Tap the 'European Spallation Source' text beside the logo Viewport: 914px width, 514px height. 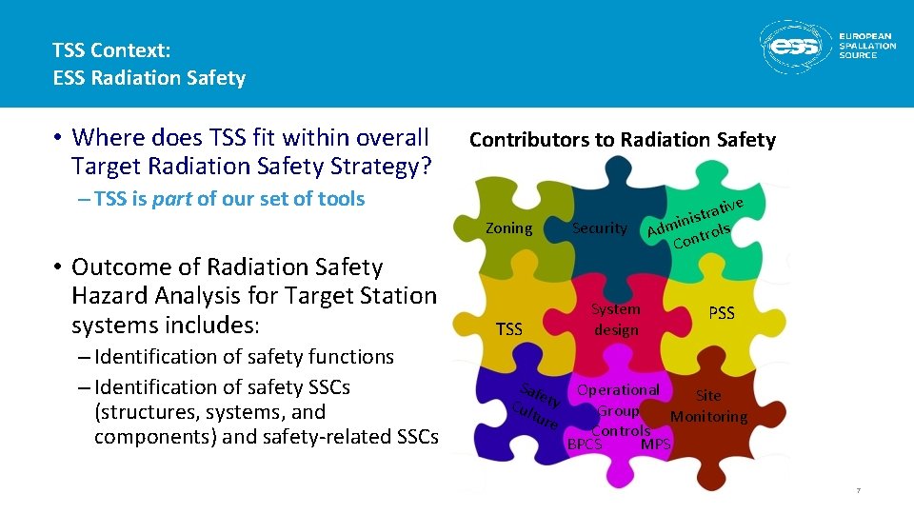coord(866,47)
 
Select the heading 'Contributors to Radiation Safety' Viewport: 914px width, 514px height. coord(622,140)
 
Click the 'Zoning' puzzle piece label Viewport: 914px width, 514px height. coord(509,227)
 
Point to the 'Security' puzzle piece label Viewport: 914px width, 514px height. coord(600,227)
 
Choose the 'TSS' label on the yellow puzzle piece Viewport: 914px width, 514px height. coord(509,329)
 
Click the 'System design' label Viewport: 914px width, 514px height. coord(616,319)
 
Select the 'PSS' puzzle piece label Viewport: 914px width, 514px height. coord(722,313)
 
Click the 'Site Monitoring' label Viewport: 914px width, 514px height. coord(708,406)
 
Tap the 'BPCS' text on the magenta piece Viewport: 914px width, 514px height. coord(585,445)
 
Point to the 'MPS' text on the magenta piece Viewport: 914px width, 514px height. coord(656,445)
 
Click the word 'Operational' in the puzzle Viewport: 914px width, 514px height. coord(618,389)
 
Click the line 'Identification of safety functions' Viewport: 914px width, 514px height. coord(244,357)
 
